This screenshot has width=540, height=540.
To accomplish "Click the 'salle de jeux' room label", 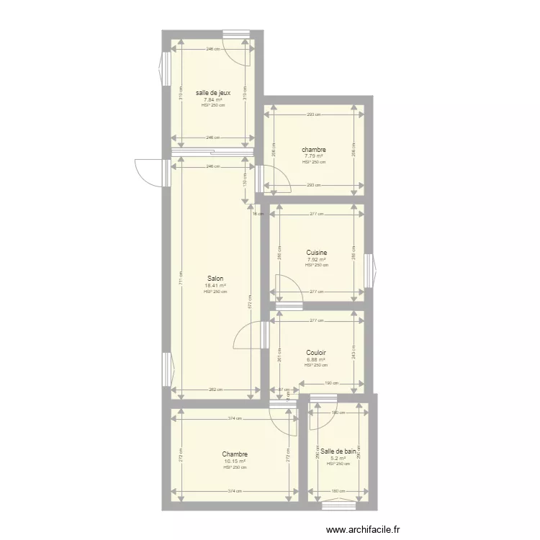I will click(213, 92).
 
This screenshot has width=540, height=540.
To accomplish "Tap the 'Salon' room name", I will click(215, 279).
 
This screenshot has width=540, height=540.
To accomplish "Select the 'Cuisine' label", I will click(317, 253).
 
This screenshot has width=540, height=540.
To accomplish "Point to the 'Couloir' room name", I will click(316, 353).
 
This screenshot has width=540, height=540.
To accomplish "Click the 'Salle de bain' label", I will click(338, 451).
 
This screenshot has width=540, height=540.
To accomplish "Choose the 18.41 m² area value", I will click(215, 285).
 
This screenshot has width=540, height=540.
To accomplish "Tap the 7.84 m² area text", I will click(213, 99).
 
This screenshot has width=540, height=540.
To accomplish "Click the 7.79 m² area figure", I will click(313, 156).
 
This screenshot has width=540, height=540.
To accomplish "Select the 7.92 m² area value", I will click(317, 259).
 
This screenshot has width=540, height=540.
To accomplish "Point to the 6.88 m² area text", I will click(316, 359).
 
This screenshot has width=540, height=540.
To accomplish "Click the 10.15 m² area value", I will click(235, 461).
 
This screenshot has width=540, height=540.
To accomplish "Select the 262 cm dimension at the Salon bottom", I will click(215, 390).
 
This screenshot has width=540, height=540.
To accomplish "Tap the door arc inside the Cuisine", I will click(289, 291).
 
